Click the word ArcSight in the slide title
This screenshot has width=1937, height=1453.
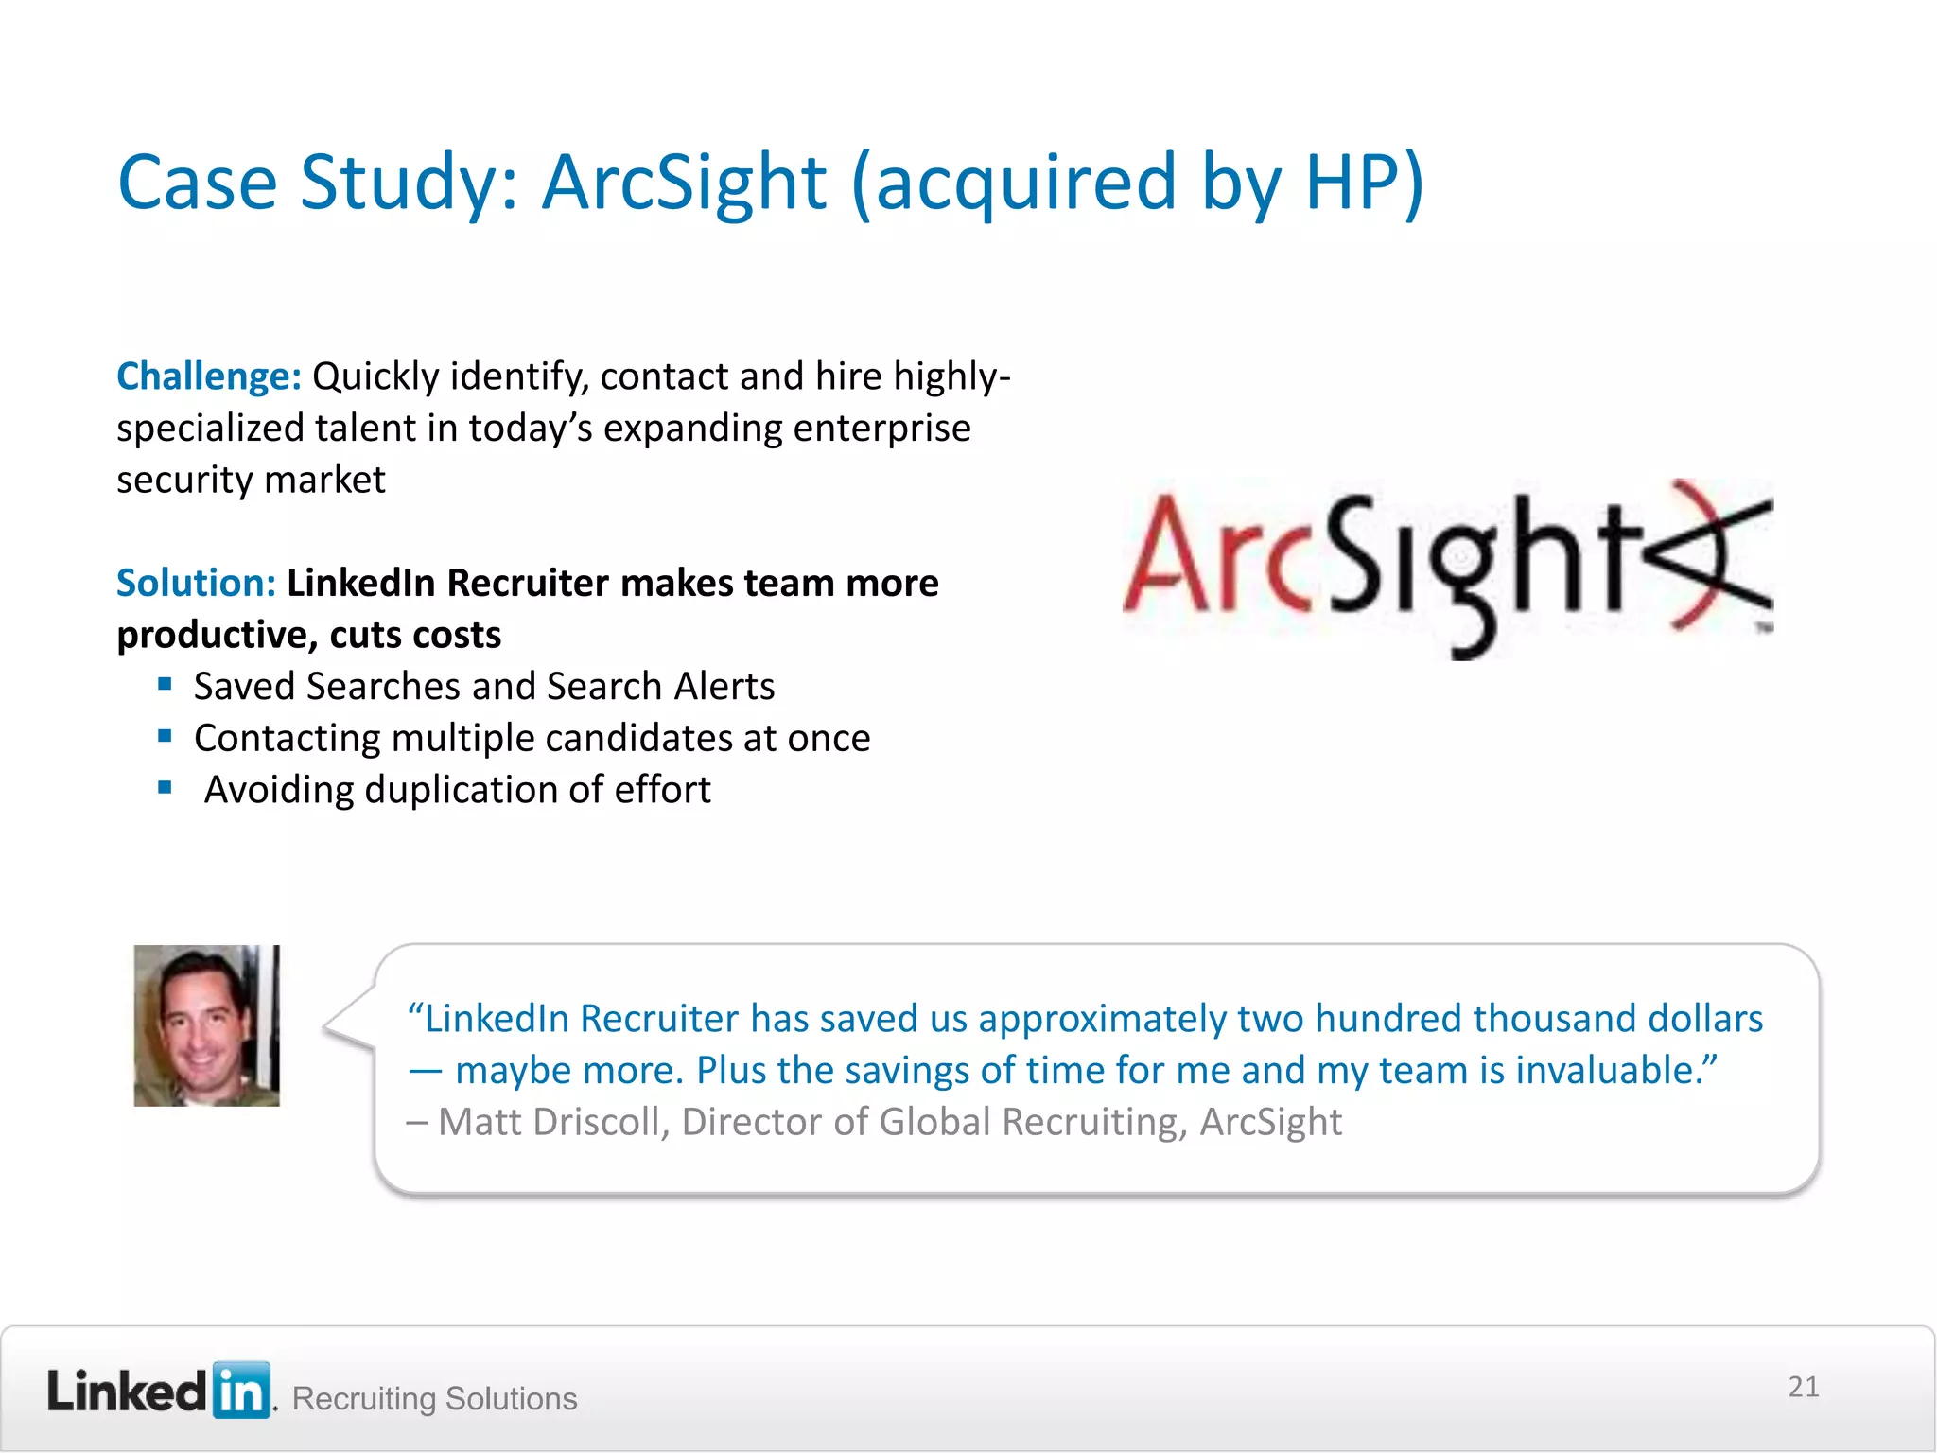pyautogui.click(x=684, y=182)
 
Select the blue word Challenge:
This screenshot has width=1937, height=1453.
pyautogui.click(x=208, y=376)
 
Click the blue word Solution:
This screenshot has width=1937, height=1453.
pyautogui.click(x=196, y=583)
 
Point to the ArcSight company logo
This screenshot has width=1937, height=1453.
pyautogui.click(x=1447, y=568)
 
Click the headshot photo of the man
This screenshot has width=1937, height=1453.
pyautogui.click(x=206, y=1025)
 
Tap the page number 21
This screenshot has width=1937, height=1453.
pyautogui.click(x=1803, y=1387)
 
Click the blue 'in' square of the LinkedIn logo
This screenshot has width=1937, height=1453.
pyautogui.click(x=241, y=1391)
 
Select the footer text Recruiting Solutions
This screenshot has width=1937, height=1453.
pyautogui.click(x=434, y=1398)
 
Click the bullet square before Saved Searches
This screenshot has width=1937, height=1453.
pyautogui.click(x=166, y=684)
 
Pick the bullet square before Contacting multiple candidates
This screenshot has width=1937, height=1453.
pyautogui.click(x=166, y=736)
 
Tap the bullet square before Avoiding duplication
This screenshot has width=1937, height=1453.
pyautogui.click(x=166, y=787)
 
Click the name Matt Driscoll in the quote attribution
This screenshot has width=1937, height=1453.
pyautogui.click(x=552, y=1122)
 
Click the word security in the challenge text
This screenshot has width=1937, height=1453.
pyautogui.click(x=184, y=481)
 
